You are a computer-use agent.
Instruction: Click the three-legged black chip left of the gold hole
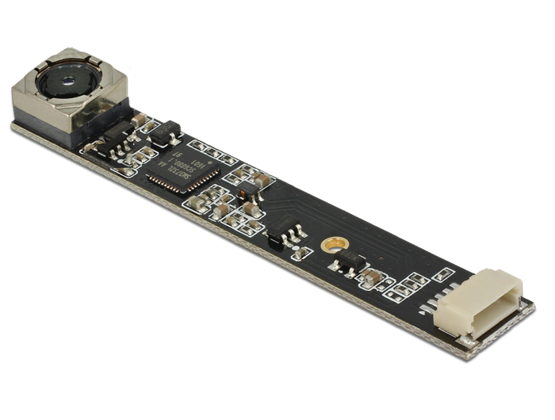[284, 231]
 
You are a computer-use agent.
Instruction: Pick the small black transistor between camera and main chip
[167, 132]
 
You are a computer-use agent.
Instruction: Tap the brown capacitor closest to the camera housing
[139, 120]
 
